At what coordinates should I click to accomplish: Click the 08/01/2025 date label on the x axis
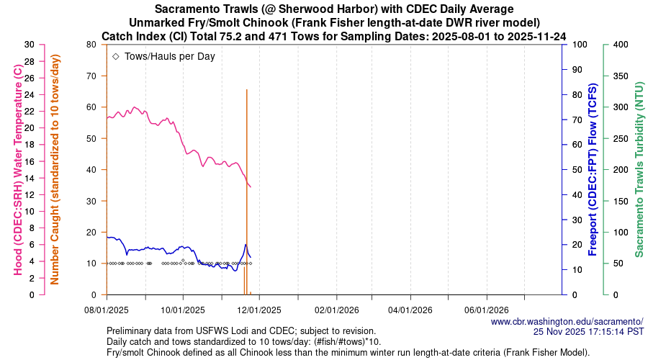click(107, 310)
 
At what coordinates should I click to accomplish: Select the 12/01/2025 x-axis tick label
click(258, 310)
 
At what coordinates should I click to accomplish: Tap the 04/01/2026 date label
click(411, 310)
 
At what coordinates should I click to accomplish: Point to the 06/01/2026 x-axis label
click(487, 310)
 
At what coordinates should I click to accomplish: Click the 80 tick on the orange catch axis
click(91, 45)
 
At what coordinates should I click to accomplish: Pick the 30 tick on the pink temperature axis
click(30, 45)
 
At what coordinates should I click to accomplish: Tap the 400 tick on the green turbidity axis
click(620, 45)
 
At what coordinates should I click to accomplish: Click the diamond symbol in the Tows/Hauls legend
click(116, 55)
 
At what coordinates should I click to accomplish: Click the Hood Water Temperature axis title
click(17, 169)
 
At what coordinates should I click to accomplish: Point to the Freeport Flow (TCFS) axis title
click(593, 169)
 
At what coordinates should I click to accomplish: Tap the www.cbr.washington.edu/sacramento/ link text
click(567, 321)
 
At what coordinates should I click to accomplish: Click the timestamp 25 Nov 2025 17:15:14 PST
click(588, 332)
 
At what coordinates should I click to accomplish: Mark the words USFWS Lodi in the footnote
click(214, 331)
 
